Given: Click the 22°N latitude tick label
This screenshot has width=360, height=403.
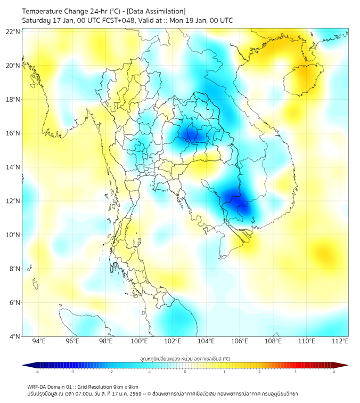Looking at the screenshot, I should pyautogui.click(x=13, y=31).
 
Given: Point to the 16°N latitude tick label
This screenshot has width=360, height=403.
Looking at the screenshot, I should pyautogui.click(x=13, y=133).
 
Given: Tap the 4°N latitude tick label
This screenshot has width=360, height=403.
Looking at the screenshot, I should pyautogui.click(x=15, y=336).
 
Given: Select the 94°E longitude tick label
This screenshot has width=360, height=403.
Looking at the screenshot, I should pyautogui.click(x=39, y=342).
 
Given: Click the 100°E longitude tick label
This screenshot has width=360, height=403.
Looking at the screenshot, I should pyautogui.click(x=139, y=342).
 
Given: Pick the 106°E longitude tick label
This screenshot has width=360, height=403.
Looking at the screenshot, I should pyautogui.click(x=240, y=342).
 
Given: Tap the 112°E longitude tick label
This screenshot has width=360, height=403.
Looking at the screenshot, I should pyautogui.click(x=340, y=342).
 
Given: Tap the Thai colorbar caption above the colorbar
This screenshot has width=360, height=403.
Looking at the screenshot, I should pyautogui.click(x=185, y=359).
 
